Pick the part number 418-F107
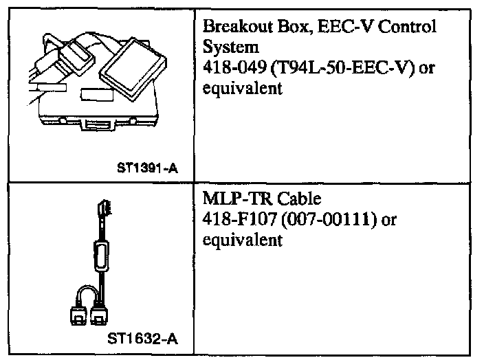click(234, 221)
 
